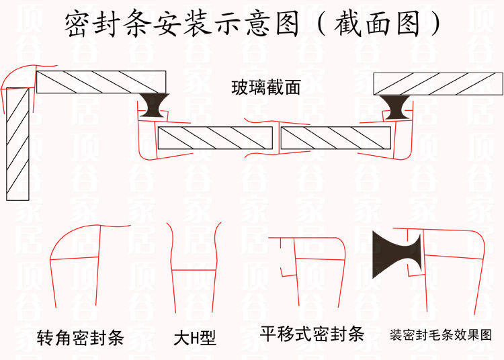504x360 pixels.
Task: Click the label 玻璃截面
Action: (265, 87)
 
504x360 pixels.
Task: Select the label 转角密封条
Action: (81, 336)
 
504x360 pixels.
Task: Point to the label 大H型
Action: (195, 336)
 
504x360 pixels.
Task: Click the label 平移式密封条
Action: (312, 334)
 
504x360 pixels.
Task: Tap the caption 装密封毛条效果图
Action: (442, 334)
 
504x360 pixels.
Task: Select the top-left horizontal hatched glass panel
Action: (101, 81)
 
